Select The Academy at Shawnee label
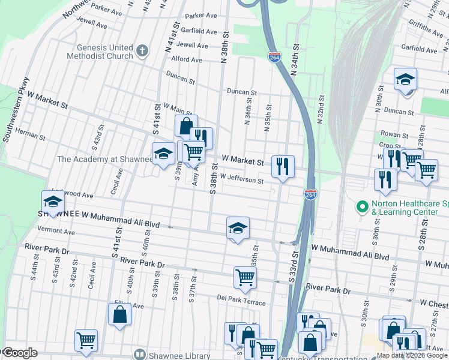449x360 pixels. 105,159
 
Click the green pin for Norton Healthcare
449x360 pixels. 362,207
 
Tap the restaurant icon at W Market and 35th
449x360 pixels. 283,166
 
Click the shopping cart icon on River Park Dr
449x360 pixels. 245,277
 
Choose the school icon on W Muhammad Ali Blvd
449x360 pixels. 238,228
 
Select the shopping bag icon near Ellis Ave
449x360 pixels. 120,314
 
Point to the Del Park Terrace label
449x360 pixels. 241,300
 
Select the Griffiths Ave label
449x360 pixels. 427,28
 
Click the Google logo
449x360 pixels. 20,353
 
